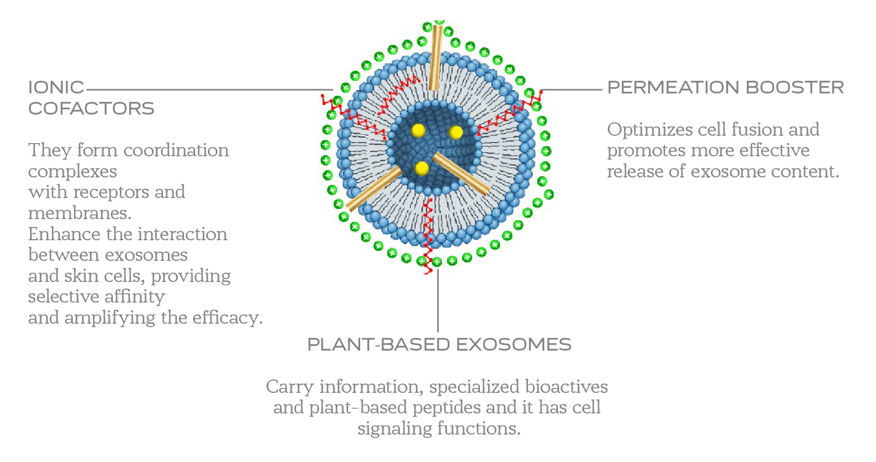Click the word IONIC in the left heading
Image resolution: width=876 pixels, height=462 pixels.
[x=56, y=88]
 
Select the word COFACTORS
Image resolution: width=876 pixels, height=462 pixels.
[x=91, y=109]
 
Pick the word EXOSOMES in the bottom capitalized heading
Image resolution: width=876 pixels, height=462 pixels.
[x=513, y=345]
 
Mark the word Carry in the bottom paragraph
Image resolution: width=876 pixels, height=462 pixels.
[x=290, y=387]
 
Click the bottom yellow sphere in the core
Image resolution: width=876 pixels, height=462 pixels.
[x=422, y=168]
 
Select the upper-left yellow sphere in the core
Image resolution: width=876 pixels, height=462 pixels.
[x=418, y=130]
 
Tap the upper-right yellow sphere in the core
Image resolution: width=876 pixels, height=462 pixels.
[x=456, y=132]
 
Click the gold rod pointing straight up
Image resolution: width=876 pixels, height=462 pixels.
[x=436, y=58]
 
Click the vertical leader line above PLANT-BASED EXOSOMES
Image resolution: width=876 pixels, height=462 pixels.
[x=438, y=301]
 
